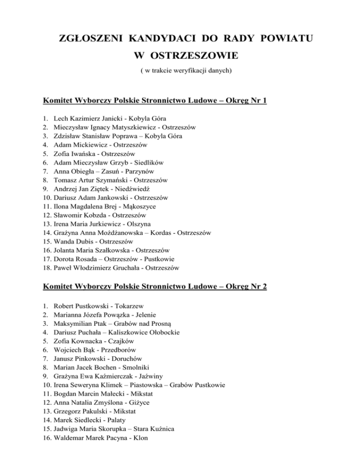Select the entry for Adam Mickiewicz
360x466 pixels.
tap(100, 145)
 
